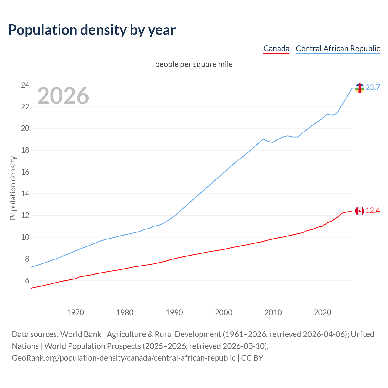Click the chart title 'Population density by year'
92,30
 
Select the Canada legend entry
276,48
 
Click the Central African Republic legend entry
338,48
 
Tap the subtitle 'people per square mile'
194,65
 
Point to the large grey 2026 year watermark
63,96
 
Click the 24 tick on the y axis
25,85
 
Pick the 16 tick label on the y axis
25,172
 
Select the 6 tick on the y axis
27,281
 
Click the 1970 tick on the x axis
75,313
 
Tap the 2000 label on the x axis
223,313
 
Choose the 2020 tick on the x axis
322,313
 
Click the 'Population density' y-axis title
13,188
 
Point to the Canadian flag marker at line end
360,211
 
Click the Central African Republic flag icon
360,88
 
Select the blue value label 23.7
373,88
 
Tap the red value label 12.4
373,211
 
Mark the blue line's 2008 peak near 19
263,139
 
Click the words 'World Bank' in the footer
81,334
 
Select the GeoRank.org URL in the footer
123,358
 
